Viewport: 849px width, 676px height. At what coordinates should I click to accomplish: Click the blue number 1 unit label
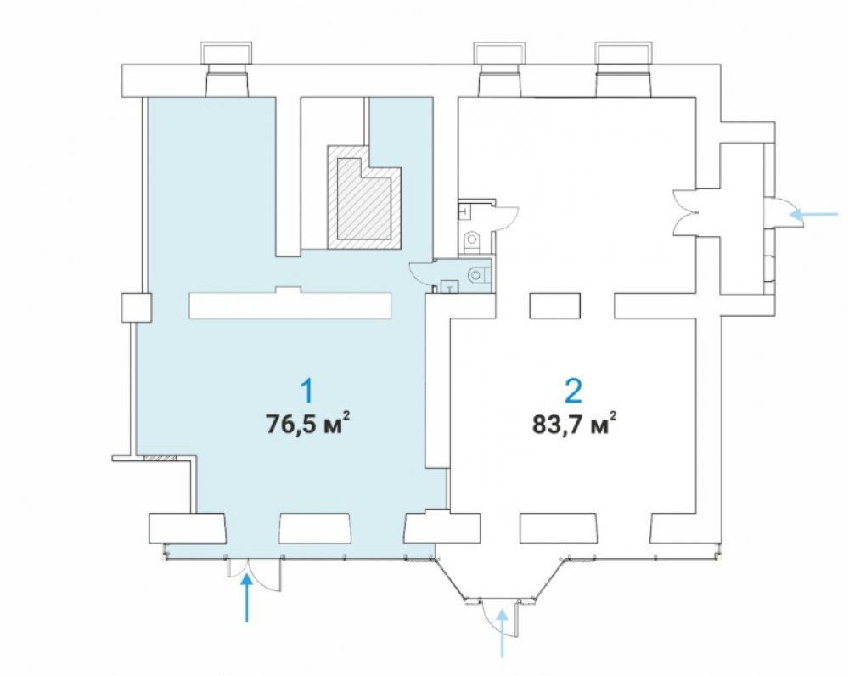click(x=307, y=392)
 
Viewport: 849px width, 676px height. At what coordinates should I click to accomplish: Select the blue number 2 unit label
click(x=573, y=392)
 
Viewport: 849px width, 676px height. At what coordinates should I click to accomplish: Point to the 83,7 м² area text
click(x=575, y=424)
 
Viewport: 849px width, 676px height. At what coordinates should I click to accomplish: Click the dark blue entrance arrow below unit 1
click(x=247, y=598)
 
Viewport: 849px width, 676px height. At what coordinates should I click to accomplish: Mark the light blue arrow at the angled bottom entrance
click(x=503, y=634)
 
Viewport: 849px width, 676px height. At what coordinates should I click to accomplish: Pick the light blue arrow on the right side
click(x=813, y=215)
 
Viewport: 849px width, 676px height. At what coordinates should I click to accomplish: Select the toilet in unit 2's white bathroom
click(x=473, y=240)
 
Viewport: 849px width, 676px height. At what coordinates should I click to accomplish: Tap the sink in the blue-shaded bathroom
click(x=450, y=286)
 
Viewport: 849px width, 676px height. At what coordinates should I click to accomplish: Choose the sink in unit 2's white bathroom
click(x=464, y=211)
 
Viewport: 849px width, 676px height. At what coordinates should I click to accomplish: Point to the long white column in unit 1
click(x=290, y=304)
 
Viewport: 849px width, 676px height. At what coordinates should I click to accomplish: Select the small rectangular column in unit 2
click(x=555, y=306)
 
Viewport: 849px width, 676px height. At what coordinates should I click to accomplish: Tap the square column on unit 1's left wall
click(x=137, y=307)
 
